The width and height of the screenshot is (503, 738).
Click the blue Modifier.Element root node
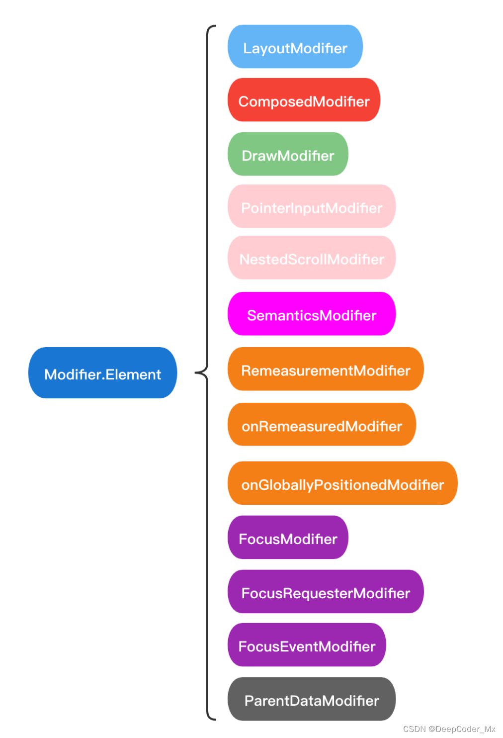click(102, 373)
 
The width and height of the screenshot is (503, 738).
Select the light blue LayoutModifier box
click(295, 47)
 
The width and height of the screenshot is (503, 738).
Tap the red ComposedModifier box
click(304, 100)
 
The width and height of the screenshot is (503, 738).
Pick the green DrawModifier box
click(288, 154)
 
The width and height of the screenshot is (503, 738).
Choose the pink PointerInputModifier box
click(311, 206)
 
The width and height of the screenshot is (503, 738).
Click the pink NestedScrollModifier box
click(311, 258)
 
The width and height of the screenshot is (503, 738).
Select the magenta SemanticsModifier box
click(311, 314)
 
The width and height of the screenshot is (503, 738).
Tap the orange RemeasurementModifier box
click(326, 369)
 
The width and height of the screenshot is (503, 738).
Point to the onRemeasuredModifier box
click(322, 425)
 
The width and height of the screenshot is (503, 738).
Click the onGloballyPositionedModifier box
click(342, 483)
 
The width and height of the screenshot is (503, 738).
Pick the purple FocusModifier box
click(288, 538)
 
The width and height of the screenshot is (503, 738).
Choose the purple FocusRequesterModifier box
click(326, 592)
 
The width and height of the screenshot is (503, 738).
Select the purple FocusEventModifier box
click(307, 645)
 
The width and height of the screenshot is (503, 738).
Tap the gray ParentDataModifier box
click(311, 699)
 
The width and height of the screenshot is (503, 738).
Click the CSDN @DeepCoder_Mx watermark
click(449, 729)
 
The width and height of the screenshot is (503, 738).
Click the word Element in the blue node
click(134, 374)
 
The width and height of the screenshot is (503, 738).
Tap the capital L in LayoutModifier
click(247, 48)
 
